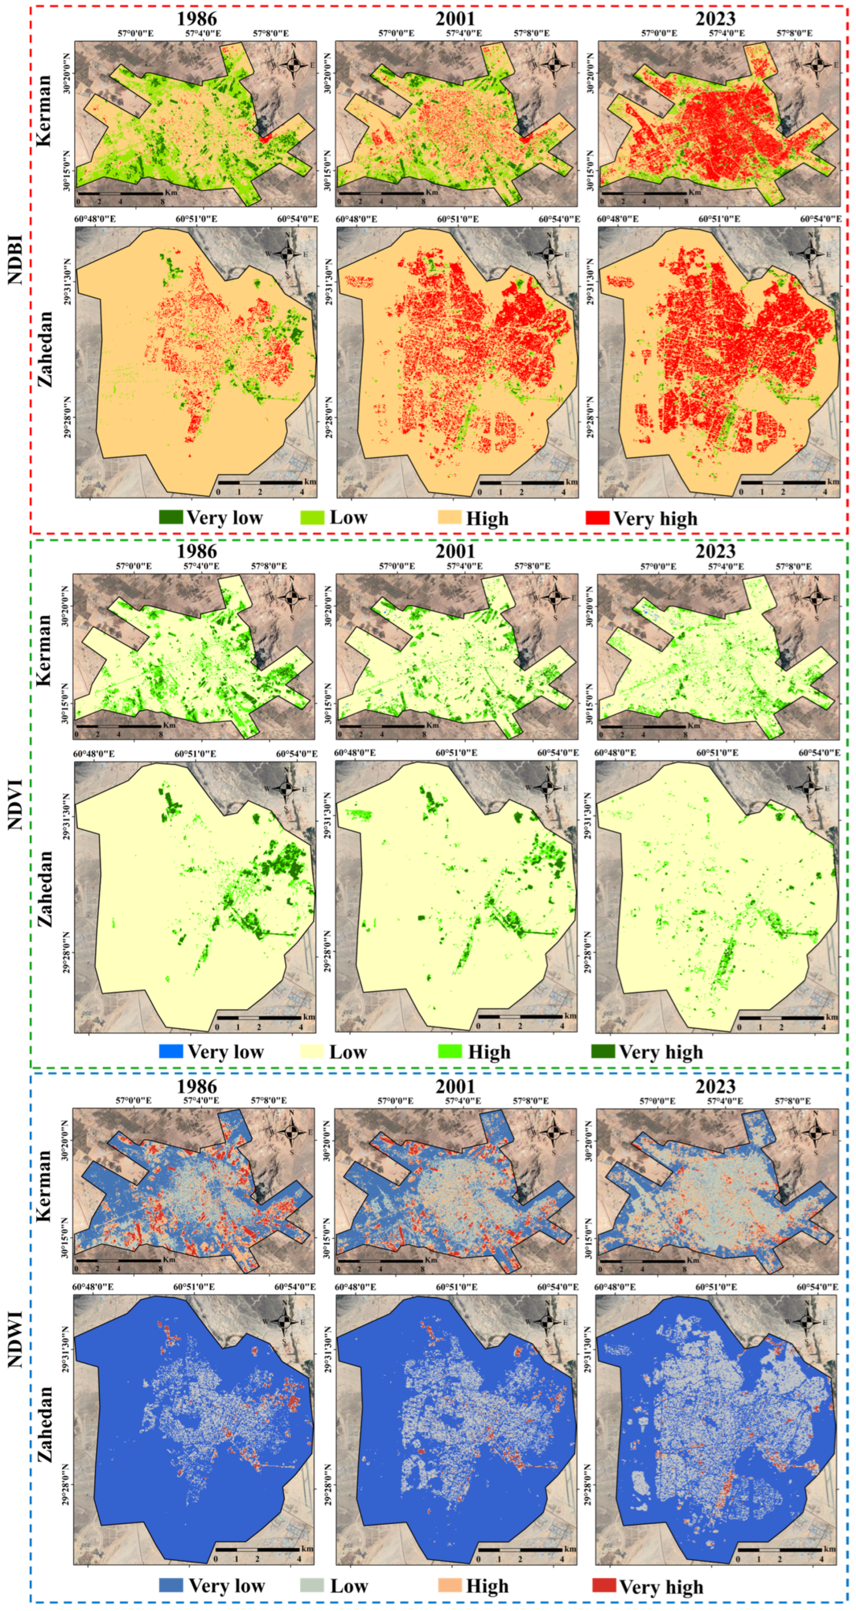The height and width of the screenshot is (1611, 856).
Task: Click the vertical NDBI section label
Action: click(x=16, y=259)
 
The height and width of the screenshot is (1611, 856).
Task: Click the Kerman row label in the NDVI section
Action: click(x=43, y=650)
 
